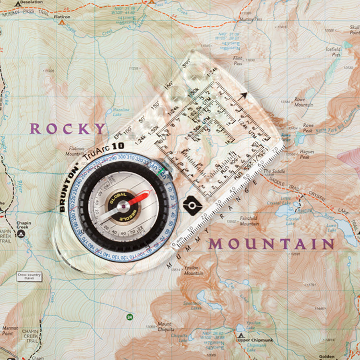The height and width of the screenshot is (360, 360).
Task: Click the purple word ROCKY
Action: click(68, 129)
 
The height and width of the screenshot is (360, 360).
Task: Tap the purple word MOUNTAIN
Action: click(272, 244)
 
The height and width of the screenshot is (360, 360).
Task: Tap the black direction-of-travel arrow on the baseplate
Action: click(243, 96)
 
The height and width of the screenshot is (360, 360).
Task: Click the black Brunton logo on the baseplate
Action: click(192, 205)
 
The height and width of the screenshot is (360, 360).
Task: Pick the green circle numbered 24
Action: click(129, 317)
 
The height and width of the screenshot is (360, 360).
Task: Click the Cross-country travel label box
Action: click(29, 276)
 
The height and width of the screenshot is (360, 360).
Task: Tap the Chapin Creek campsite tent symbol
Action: click(21, 234)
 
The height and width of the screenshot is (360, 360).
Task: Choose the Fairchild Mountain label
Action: click(249, 221)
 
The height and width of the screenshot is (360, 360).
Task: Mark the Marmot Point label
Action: click(10, 331)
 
